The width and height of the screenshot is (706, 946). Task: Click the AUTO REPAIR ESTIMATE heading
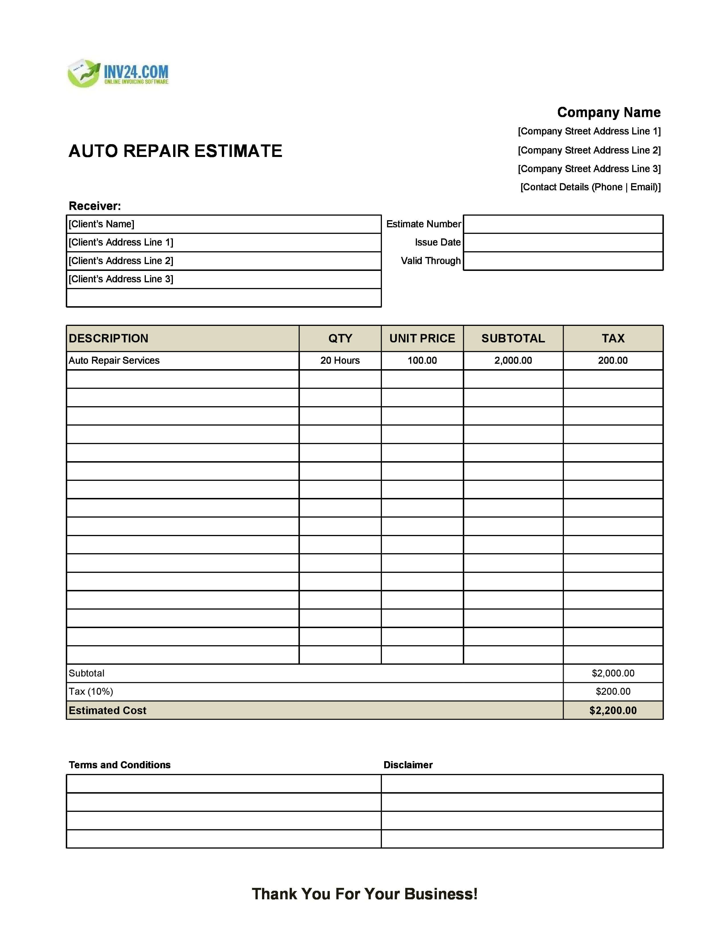175,151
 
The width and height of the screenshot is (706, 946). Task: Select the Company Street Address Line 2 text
589,150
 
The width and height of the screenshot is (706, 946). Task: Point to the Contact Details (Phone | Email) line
590,187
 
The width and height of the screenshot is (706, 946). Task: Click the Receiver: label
95,206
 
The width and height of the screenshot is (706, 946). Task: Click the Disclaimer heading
408,765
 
